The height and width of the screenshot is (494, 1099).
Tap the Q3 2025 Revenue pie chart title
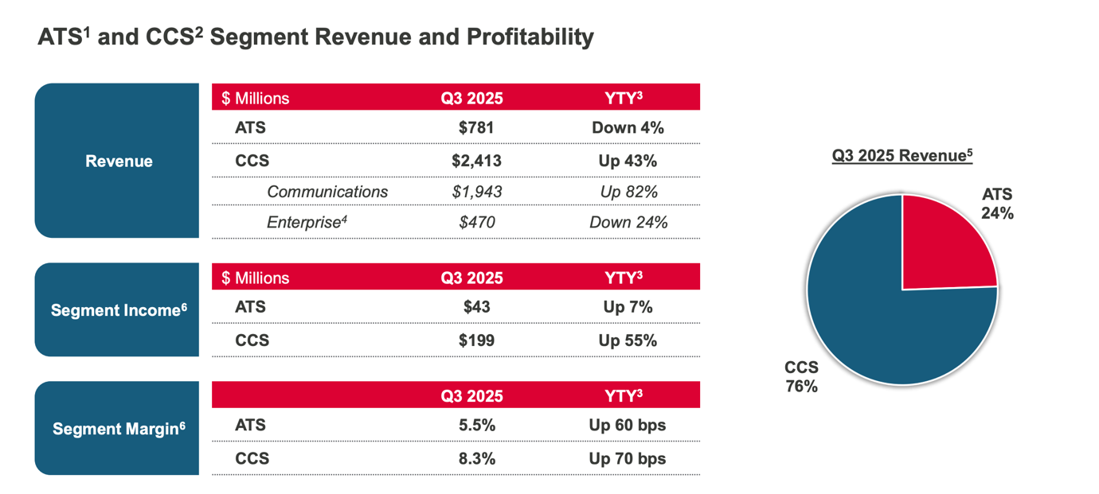tap(902, 156)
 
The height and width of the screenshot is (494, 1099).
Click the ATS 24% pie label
tap(997, 204)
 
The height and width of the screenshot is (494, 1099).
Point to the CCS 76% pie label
tap(801, 377)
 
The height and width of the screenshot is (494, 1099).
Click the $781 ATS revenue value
tap(476, 128)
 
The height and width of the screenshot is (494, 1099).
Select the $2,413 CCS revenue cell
tap(476, 161)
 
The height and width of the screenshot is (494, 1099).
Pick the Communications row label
tap(327, 192)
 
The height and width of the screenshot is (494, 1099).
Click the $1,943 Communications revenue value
tap(477, 192)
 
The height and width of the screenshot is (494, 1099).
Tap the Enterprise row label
tap(307, 222)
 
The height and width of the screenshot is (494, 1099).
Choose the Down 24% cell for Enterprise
tap(628, 223)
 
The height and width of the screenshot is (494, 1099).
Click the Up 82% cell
tap(628, 193)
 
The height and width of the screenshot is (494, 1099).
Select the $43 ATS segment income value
tap(476, 307)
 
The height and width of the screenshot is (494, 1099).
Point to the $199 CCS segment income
tap(476, 340)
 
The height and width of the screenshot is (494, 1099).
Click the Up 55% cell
tap(628, 340)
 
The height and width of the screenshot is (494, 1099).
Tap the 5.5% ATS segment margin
tap(477, 426)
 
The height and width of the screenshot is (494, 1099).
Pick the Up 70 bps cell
tap(628, 459)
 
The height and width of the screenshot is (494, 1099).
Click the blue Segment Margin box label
tap(119, 429)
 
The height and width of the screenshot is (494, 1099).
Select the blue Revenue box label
tap(119, 161)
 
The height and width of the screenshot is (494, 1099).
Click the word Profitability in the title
tap(530, 37)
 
